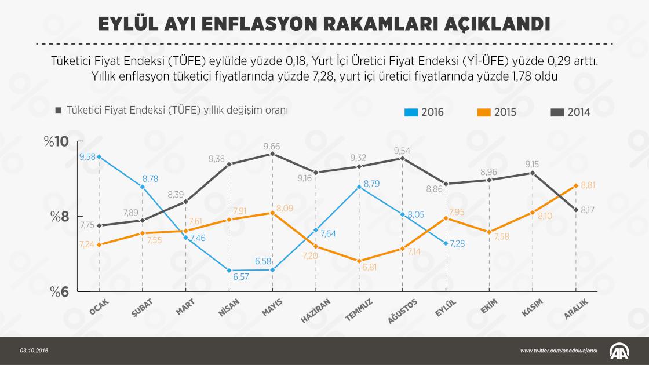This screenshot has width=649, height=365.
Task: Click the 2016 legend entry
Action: tap(424, 112)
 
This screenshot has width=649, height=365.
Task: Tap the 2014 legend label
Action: tap(578, 112)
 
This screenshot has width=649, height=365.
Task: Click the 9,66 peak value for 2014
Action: tap(272, 146)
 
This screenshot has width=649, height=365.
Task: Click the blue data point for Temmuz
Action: tap(359, 187)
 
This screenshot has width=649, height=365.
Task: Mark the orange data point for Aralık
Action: tap(576, 185)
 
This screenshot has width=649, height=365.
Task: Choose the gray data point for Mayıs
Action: tap(272, 154)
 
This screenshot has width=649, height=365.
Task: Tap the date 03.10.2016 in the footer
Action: tap(34, 351)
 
